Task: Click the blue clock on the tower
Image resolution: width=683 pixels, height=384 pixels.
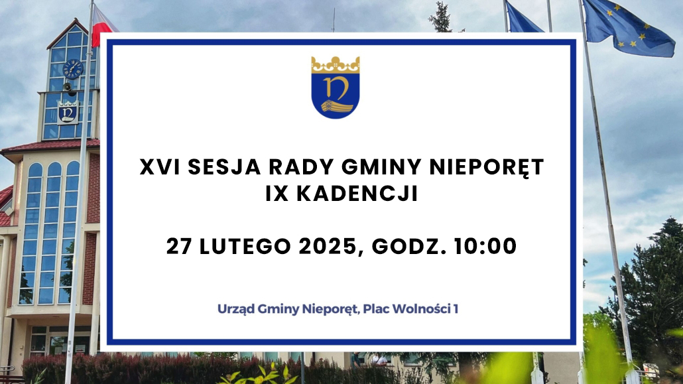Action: tap(72, 69)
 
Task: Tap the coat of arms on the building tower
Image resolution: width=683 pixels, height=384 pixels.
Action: tap(68, 113)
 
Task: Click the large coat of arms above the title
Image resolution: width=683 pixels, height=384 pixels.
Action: tap(336, 87)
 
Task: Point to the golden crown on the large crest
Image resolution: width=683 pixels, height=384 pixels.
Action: tap(336, 64)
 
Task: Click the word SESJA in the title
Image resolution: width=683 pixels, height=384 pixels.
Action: tap(224, 167)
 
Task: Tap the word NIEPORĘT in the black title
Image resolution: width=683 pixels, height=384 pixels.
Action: tap(487, 167)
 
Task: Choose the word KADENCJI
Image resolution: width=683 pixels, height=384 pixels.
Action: tap(357, 194)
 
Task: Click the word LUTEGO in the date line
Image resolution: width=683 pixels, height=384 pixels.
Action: tap(245, 246)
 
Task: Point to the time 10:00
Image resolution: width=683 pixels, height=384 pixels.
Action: tap(485, 246)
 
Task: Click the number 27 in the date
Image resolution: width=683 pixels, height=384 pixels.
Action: tap(179, 246)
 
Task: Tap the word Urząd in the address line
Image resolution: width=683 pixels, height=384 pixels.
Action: tap(235, 310)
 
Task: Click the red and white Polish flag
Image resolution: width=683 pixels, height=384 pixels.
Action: tap(103, 26)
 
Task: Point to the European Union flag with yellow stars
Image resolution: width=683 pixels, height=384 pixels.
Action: tap(628, 27)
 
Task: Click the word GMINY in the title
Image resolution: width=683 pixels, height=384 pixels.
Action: tap(381, 167)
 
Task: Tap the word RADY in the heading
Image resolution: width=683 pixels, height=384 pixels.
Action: tap(301, 167)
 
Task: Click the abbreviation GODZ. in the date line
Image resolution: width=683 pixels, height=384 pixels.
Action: tap(408, 246)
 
